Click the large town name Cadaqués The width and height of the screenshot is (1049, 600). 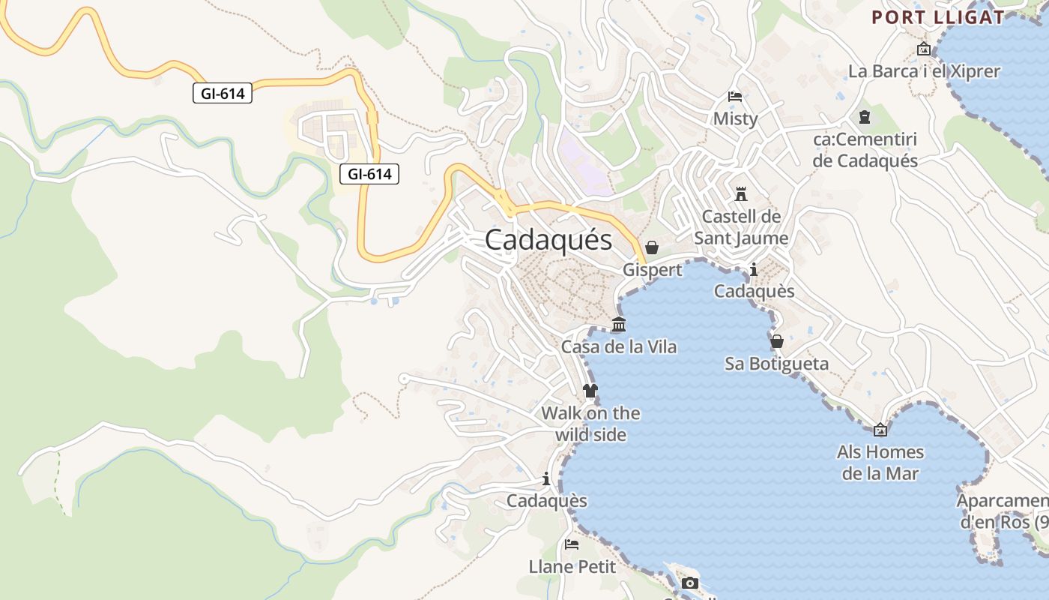(x=548, y=240)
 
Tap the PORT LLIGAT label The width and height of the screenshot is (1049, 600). (x=937, y=17)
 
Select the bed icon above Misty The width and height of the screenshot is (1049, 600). (x=735, y=97)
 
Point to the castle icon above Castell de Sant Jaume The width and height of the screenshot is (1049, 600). (x=741, y=193)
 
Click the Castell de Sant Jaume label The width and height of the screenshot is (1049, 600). (x=741, y=227)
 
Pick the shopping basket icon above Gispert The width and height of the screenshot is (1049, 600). (x=652, y=247)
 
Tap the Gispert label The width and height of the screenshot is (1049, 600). (x=653, y=269)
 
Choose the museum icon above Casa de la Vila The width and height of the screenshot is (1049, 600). (x=619, y=325)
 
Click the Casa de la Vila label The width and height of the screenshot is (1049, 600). (x=619, y=346)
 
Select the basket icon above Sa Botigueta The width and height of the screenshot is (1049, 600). (x=777, y=341)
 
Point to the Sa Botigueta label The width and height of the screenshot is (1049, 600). (x=777, y=364)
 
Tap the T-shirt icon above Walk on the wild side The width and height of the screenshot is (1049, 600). (x=590, y=391)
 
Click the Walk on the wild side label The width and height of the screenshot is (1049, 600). (x=590, y=424)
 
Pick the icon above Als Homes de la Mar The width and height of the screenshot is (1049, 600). (x=880, y=430)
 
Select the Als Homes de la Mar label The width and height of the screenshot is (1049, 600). (x=880, y=463)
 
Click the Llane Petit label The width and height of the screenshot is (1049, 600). (x=572, y=566)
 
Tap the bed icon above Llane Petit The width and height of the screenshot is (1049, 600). (x=572, y=544)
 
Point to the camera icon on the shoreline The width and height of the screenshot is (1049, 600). (x=690, y=583)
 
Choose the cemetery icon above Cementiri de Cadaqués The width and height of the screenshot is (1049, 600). (x=865, y=117)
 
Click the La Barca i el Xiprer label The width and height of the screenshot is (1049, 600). (x=924, y=71)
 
